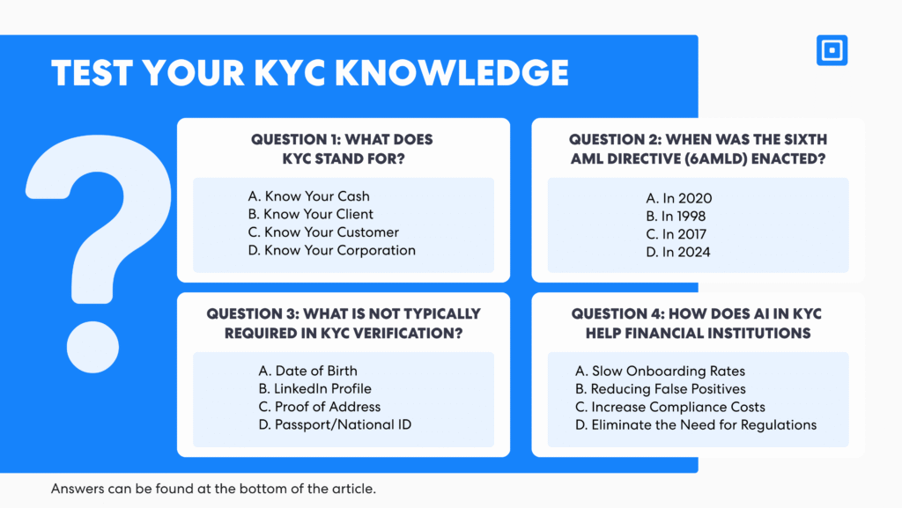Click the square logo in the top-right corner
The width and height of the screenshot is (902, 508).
click(x=832, y=50)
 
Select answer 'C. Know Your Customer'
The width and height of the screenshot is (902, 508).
click(x=323, y=232)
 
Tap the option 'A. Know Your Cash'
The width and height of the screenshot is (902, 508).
click(x=308, y=196)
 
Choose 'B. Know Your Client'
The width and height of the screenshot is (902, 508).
click(x=311, y=214)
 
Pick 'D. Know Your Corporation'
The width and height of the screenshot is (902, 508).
click(x=332, y=250)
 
